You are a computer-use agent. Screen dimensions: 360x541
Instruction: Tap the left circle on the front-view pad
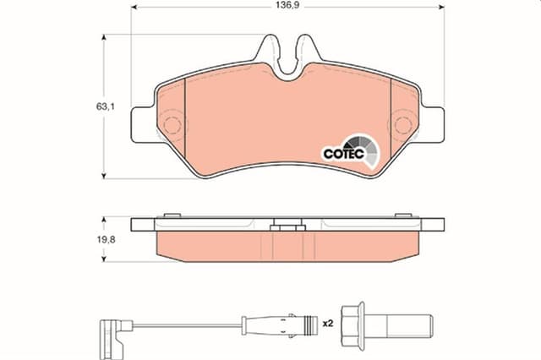coord(172,128)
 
